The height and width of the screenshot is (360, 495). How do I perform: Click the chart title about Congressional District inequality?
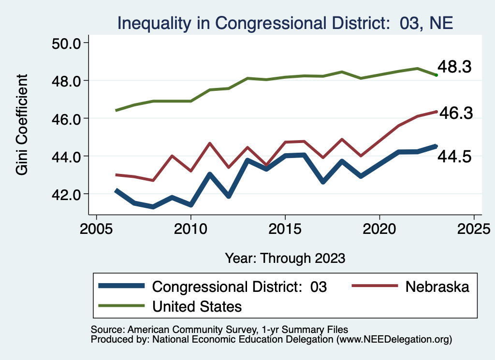pos(285,23)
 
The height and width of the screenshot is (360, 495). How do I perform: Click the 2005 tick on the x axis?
pos(96,227)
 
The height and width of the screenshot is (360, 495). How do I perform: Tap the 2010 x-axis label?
pos(190,227)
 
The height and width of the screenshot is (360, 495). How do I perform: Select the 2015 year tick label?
pos(285,227)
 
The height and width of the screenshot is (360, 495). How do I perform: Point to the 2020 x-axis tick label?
pos(379,227)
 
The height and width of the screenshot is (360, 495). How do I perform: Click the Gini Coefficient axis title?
pos(22,125)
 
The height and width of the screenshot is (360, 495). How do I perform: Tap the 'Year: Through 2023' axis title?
pos(285,258)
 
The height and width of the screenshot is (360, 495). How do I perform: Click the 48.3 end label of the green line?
pos(454,67)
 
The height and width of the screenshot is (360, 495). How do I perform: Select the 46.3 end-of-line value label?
pos(454,113)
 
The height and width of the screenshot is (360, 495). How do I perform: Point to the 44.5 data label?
pos(454,156)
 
